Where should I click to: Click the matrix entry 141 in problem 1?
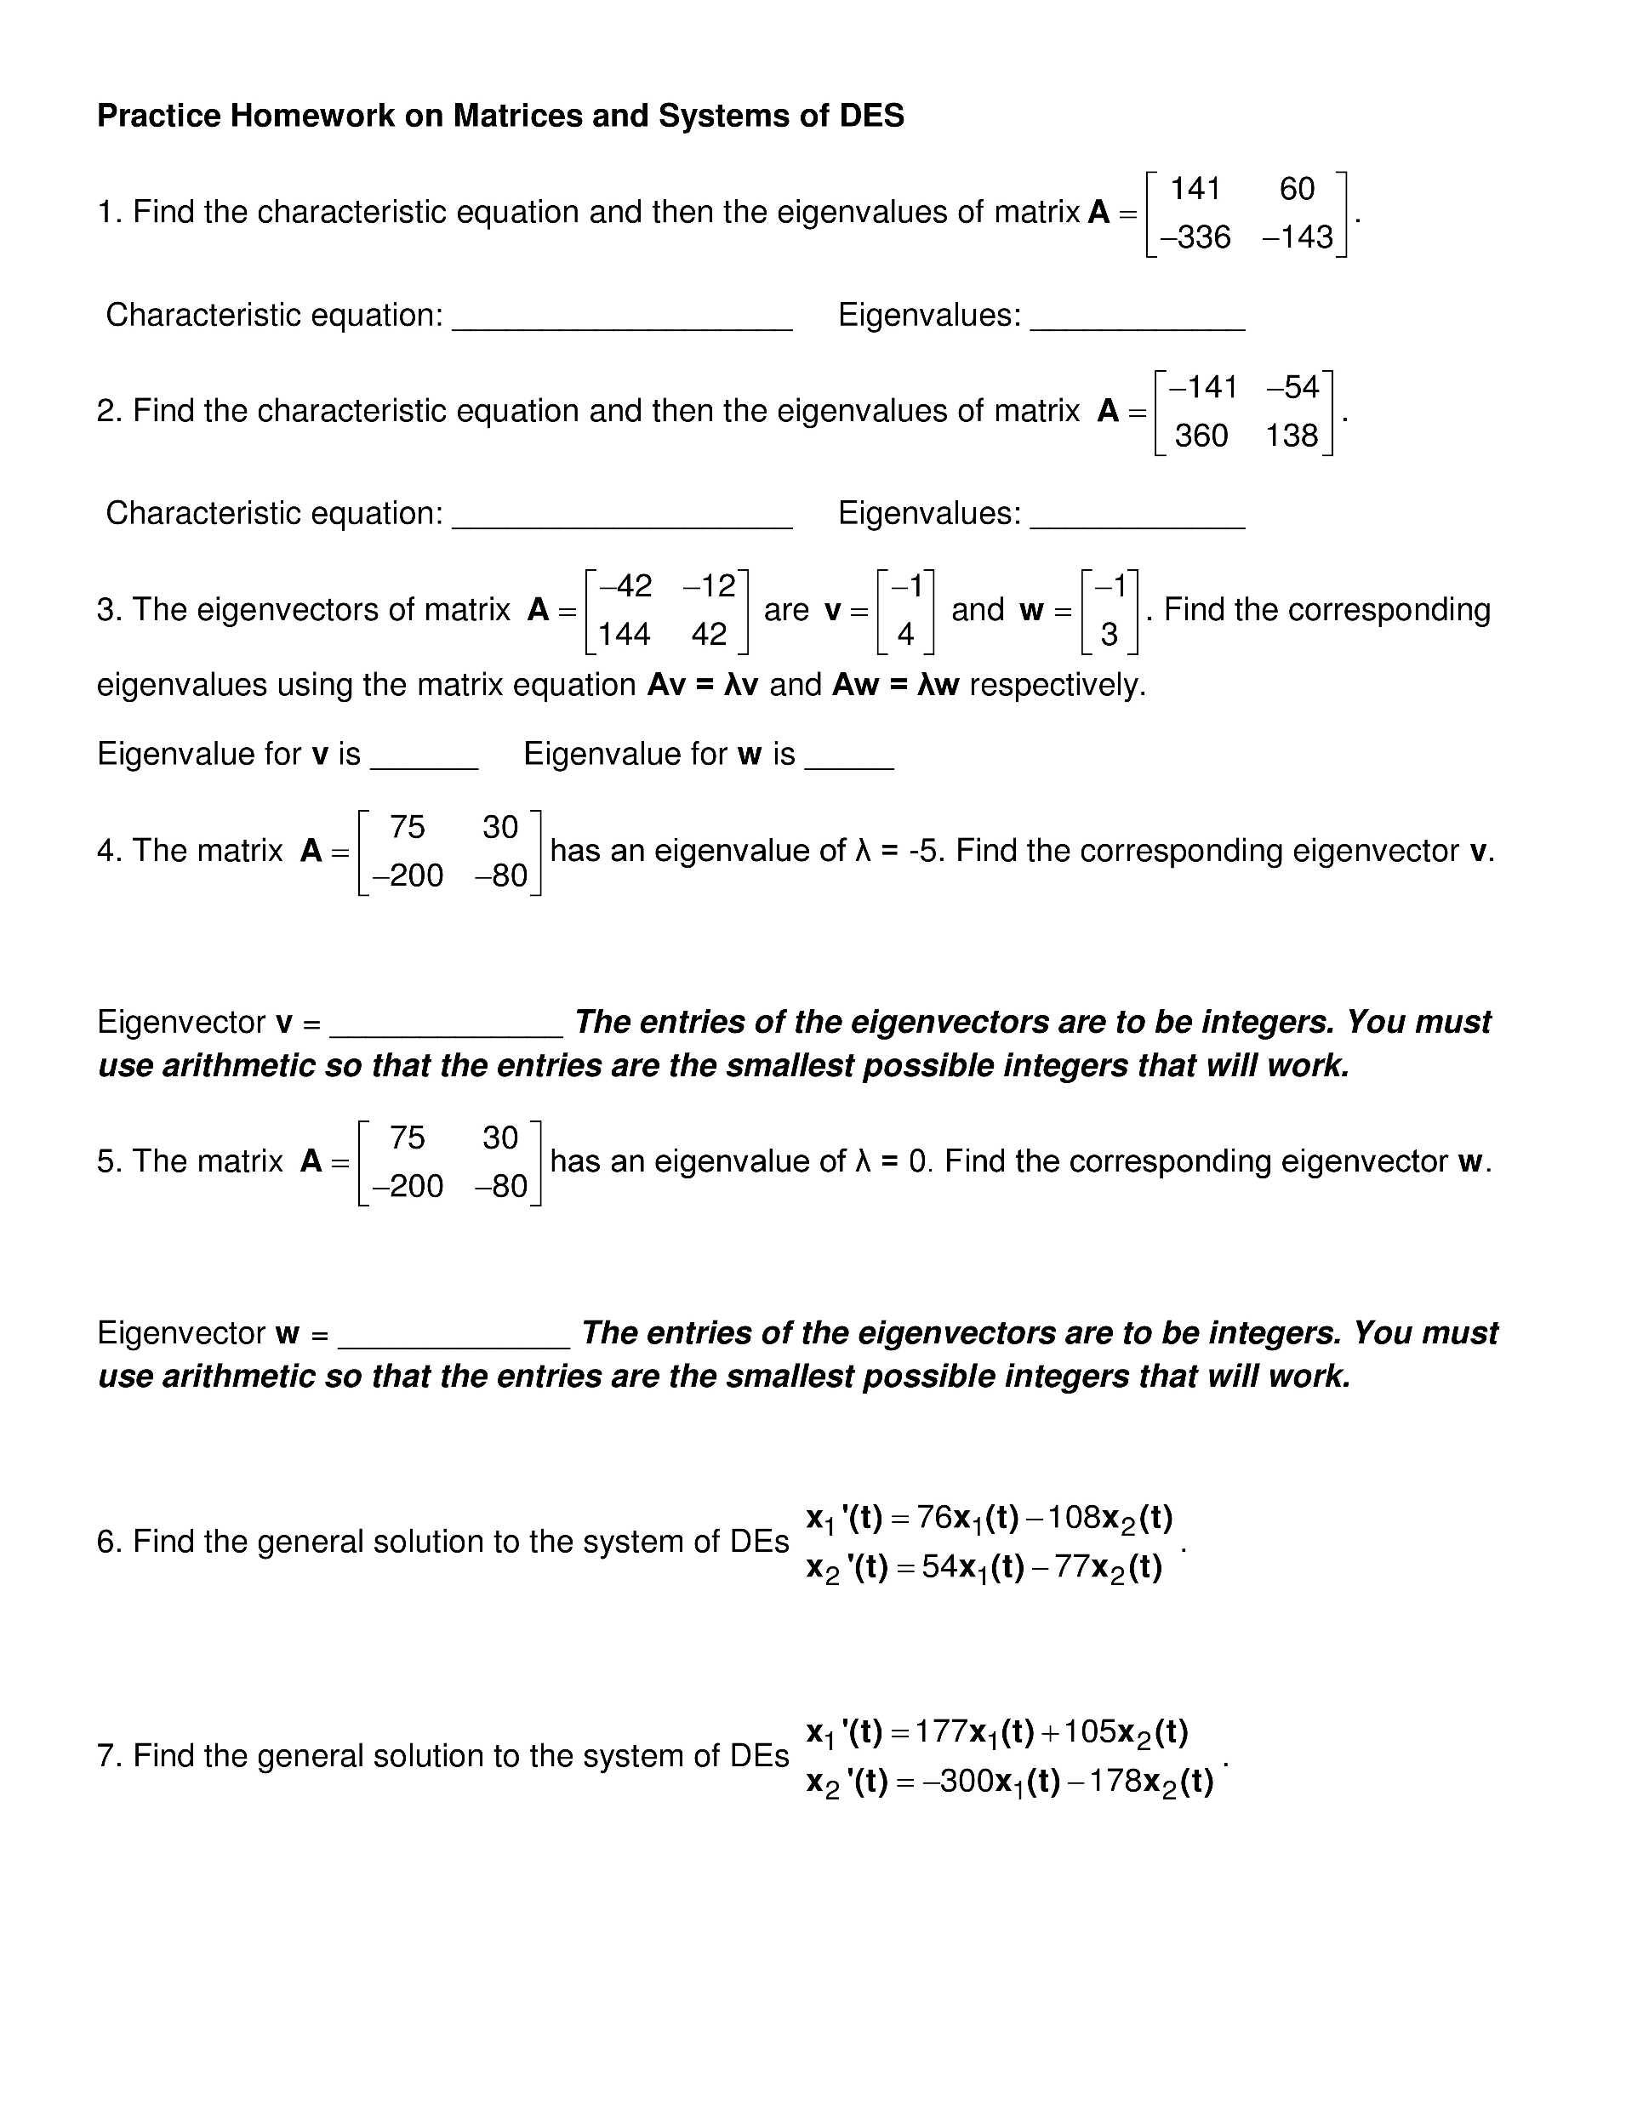[1195, 188]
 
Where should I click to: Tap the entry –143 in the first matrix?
[1298, 237]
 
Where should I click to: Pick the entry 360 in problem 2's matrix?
[1201, 436]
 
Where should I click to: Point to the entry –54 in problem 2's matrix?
[1293, 388]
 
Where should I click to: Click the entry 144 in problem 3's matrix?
[625, 634]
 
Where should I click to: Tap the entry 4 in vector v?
[906, 634]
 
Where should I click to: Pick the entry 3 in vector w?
[1109, 634]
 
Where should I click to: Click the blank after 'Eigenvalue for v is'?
[424, 766]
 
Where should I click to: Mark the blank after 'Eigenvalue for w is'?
[848, 766]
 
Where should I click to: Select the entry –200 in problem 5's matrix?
[408, 1185]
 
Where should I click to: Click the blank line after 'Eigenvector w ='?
[453, 1344]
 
